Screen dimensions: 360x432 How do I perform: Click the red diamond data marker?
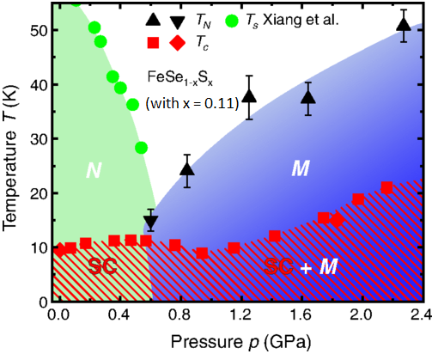coord(338,221)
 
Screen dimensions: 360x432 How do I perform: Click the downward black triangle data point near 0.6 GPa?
coord(151,223)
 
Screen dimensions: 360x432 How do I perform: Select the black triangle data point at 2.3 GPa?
coord(404,24)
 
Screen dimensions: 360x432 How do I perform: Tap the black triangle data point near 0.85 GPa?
coord(188,168)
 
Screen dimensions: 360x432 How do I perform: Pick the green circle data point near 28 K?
coord(142,148)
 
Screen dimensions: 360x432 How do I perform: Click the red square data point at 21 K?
coord(386,188)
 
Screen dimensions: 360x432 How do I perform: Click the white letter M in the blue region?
coord(300,169)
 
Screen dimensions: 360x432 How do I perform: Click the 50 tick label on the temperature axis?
coord(35,30)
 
